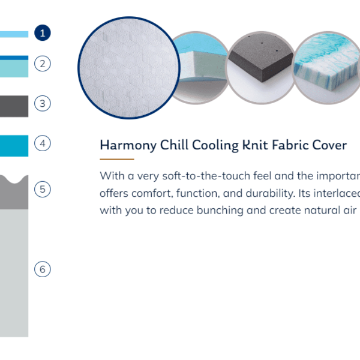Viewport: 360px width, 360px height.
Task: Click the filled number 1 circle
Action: [x=43, y=33]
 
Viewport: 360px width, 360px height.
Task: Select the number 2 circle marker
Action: [x=43, y=64]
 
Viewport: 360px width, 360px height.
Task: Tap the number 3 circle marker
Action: [x=43, y=103]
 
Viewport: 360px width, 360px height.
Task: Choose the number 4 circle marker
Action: [x=43, y=143]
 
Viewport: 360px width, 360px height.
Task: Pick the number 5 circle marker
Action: [x=43, y=189]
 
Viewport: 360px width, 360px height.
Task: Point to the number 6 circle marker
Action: [x=43, y=269]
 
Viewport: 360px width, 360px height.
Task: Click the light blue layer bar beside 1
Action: [x=14, y=34]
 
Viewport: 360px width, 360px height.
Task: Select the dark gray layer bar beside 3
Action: [x=14, y=106]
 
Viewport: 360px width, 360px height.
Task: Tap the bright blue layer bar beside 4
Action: [x=14, y=146]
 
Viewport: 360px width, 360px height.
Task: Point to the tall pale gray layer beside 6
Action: [x=14, y=273]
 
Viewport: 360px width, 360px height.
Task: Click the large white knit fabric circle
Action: [x=129, y=68]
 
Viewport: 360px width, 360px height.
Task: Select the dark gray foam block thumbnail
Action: [x=261, y=68]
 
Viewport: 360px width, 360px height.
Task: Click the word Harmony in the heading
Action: [x=128, y=146]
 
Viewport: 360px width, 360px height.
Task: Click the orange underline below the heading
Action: [x=117, y=159]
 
